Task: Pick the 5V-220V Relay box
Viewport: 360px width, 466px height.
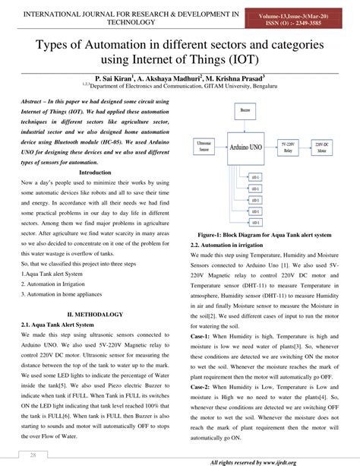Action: pos(305,146)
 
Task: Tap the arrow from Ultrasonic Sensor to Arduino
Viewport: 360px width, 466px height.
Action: pos(227,146)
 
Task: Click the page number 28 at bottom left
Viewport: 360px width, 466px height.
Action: pos(33,455)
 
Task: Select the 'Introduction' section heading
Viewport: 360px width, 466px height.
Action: pos(95,194)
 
